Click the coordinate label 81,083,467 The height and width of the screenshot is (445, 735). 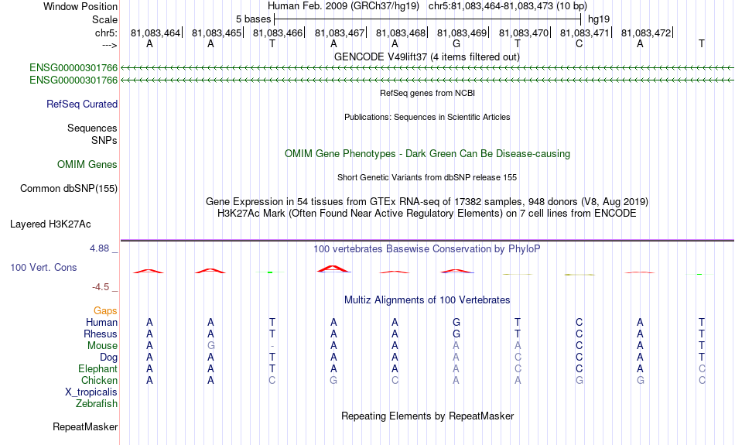click(x=340, y=33)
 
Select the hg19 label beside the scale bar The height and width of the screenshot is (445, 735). click(x=599, y=19)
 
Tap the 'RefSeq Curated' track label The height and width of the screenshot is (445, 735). click(x=82, y=104)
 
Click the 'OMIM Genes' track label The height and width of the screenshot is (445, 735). click(x=87, y=165)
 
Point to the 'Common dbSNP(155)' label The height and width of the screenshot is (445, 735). click(x=69, y=189)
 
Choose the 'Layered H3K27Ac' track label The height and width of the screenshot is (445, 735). click(x=50, y=224)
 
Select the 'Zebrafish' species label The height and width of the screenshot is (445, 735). click(x=97, y=404)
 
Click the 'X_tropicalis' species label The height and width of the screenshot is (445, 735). click(x=91, y=392)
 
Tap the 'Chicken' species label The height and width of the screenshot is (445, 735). click(x=99, y=380)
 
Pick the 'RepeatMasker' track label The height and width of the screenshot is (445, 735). click(x=85, y=426)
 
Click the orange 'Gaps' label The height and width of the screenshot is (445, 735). click(x=105, y=311)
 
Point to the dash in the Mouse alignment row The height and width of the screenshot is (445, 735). click(x=272, y=347)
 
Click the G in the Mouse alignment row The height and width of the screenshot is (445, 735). click(x=211, y=346)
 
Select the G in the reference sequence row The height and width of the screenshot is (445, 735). click(x=456, y=43)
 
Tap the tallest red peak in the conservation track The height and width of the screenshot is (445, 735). click(x=333, y=269)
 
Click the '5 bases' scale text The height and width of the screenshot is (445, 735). click(x=253, y=19)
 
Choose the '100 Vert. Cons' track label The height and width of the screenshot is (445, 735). click(x=43, y=267)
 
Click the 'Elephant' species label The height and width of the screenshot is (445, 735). click(x=98, y=368)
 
